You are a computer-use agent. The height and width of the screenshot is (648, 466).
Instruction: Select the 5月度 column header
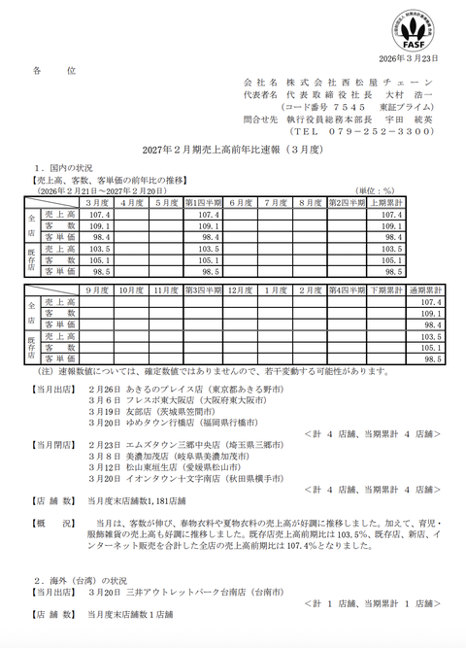(166, 202)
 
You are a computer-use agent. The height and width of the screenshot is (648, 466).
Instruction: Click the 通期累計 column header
(424, 290)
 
